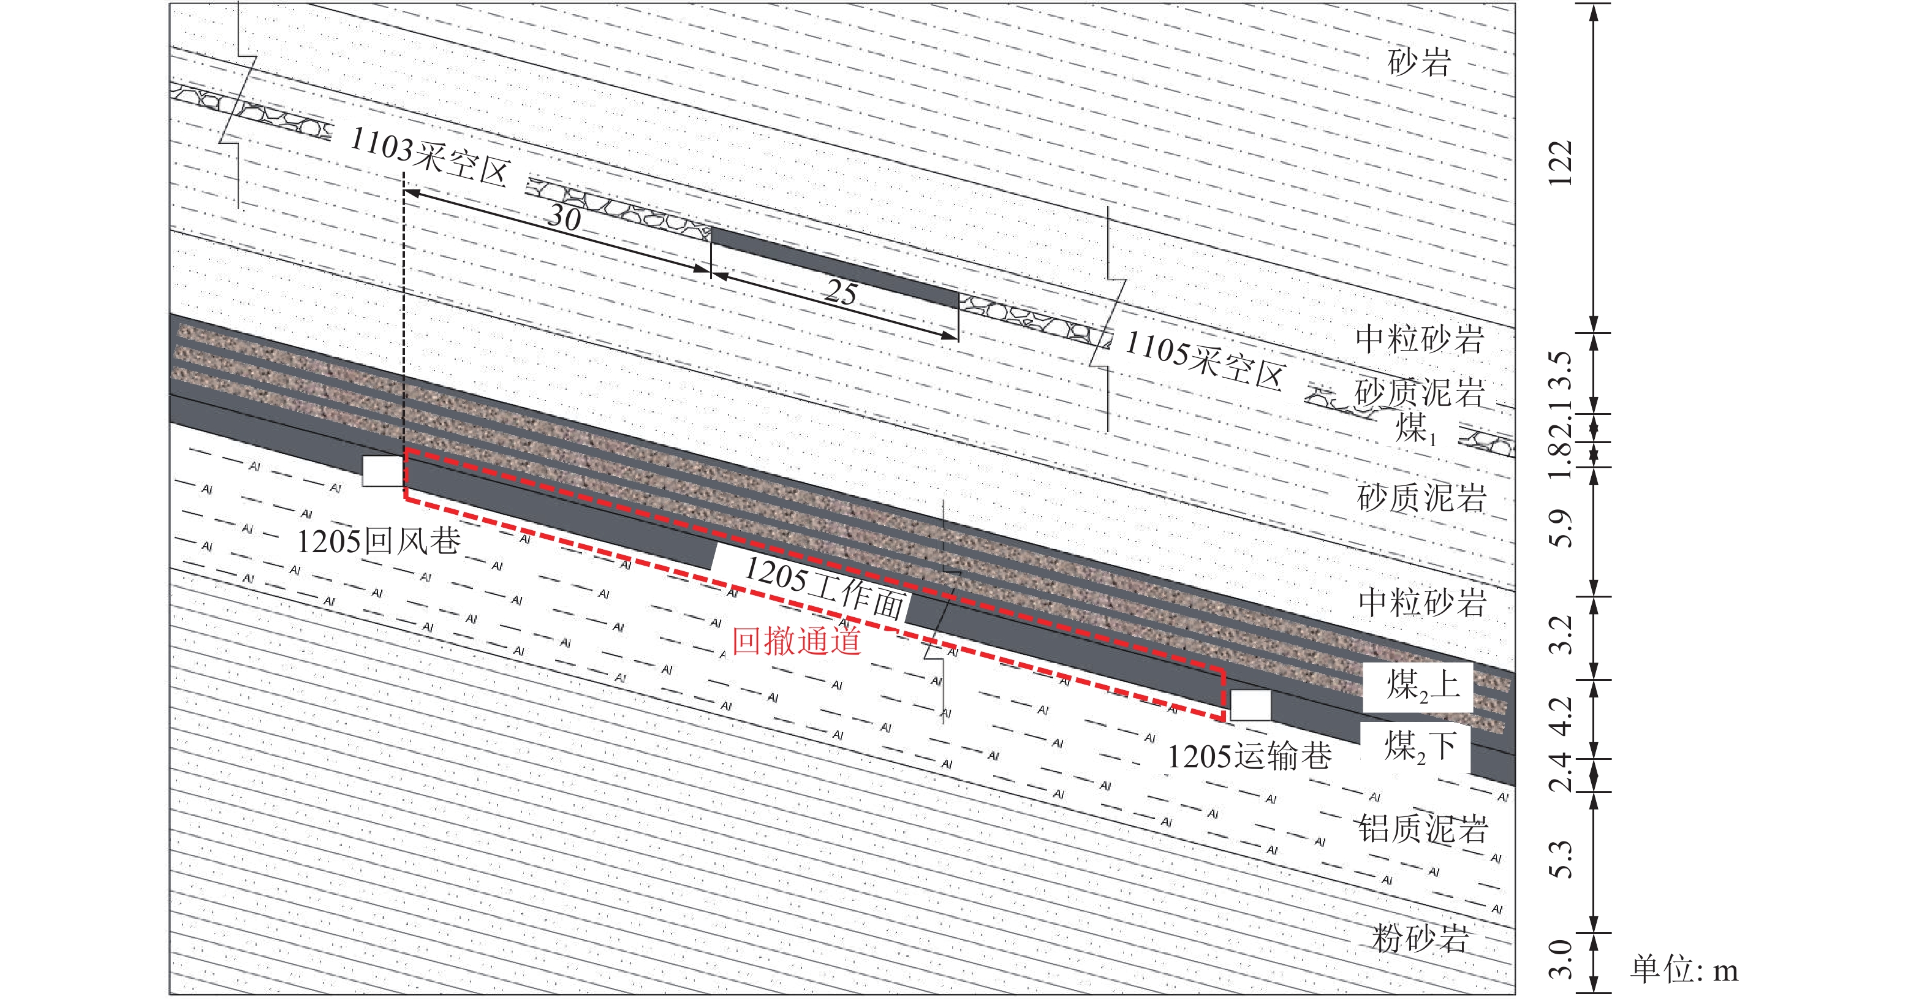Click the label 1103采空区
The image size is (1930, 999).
(x=430, y=156)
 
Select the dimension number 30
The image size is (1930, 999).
(x=564, y=218)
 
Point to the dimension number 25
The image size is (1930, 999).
(x=841, y=292)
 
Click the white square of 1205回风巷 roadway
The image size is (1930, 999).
(x=383, y=471)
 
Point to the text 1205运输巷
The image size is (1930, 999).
(x=1250, y=756)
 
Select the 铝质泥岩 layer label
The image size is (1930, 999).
(x=1423, y=829)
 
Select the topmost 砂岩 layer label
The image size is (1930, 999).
(x=1419, y=61)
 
